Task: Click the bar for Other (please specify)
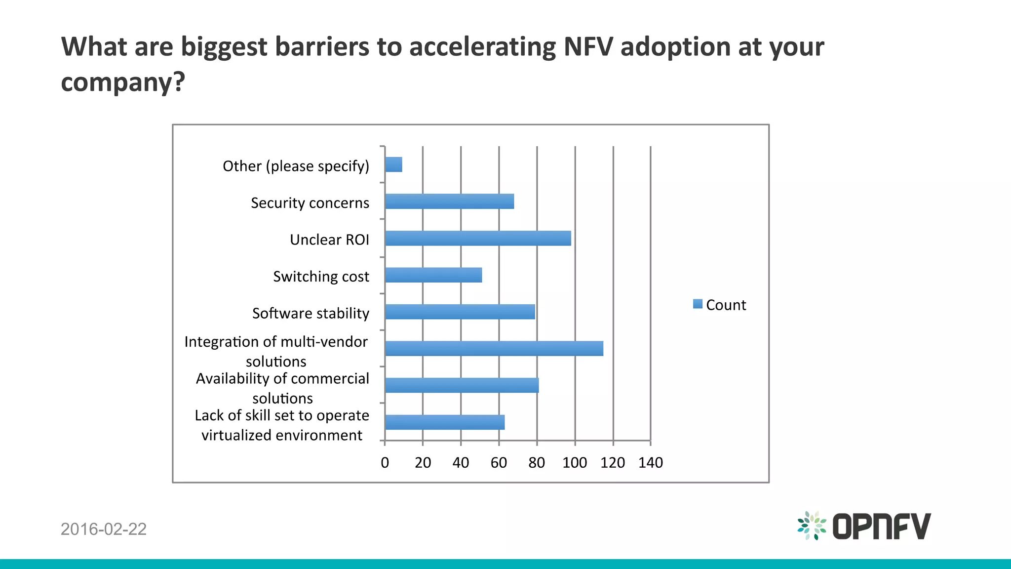(393, 164)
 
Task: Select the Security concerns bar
(449, 202)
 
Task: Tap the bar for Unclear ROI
(478, 238)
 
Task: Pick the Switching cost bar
(433, 275)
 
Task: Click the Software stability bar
(460, 312)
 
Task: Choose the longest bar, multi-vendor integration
(494, 349)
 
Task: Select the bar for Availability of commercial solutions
(462, 385)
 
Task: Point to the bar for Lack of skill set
(445, 422)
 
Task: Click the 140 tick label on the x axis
(651, 463)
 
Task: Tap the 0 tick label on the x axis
(385, 463)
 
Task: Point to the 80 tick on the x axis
(537, 463)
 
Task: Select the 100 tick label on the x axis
(575, 463)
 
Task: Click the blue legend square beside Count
(698, 304)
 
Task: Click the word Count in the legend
(726, 305)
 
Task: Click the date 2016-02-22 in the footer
(104, 529)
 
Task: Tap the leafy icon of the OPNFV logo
(812, 526)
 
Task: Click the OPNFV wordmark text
(881, 527)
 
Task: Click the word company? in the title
(123, 82)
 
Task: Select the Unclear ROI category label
(329, 240)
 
